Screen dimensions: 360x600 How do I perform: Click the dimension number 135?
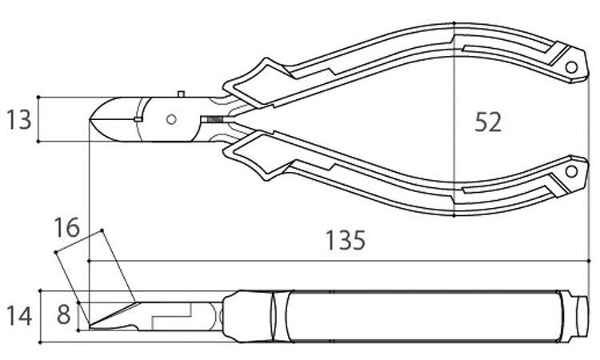(x=346, y=240)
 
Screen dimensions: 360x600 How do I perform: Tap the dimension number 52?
(x=487, y=122)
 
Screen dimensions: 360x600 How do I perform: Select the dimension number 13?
(x=18, y=120)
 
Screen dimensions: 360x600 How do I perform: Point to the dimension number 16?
(x=68, y=227)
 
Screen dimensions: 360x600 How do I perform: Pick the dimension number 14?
(x=18, y=315)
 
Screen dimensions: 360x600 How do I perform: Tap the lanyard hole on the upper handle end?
(x=571, y=68)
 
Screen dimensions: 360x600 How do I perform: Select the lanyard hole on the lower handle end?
(x=571, y=171)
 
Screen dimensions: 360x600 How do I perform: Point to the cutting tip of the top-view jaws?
(x=93, y=120)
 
